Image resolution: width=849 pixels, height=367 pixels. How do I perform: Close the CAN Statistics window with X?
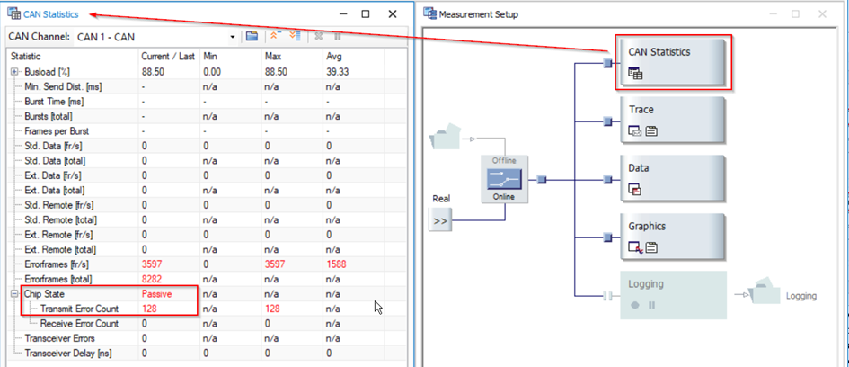[393, 14]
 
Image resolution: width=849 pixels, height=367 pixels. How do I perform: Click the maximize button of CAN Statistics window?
[366, 14]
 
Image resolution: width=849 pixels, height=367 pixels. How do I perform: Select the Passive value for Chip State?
[156, 294]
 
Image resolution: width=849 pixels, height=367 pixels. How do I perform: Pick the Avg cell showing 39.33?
[338, 71]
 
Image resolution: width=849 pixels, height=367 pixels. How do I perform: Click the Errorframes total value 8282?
[152, 280]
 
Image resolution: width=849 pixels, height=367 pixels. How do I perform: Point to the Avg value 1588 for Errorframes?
[338, 264]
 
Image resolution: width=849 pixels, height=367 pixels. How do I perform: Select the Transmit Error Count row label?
[79, 309]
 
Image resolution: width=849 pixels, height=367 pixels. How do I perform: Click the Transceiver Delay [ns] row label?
[69, 354]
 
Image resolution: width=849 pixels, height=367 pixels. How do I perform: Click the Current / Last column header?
[167, 57]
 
